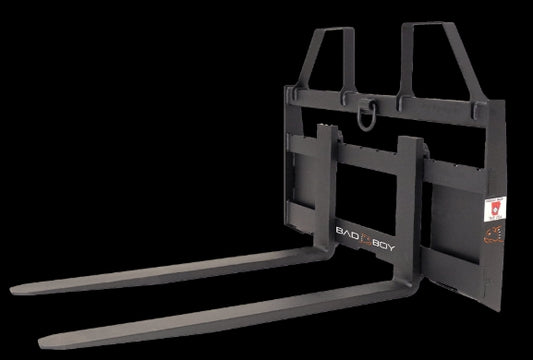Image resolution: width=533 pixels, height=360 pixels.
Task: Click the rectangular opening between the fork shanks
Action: coord(368,190)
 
